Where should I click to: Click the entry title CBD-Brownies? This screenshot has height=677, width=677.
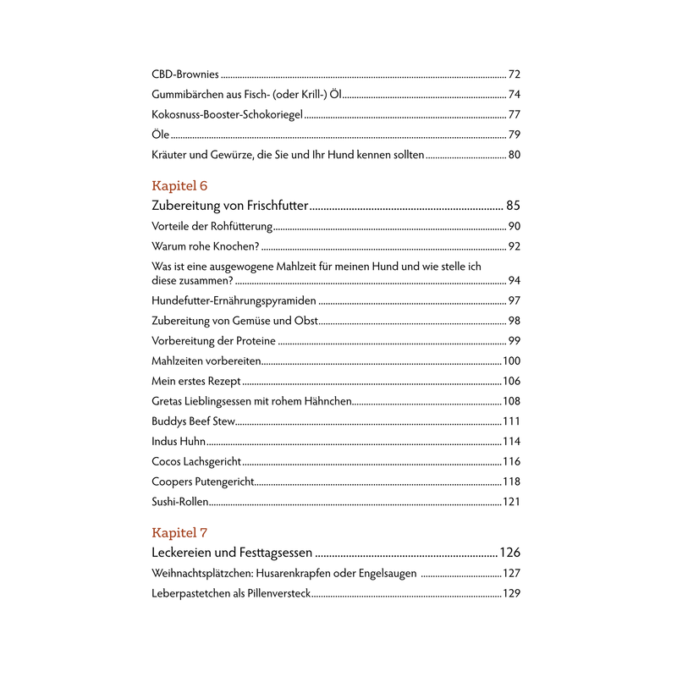point(184,74)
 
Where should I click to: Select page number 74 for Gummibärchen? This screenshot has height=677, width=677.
point(514,95)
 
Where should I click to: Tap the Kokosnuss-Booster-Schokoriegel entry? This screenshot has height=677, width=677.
point(228,114)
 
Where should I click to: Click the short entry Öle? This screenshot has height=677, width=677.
point(161,135)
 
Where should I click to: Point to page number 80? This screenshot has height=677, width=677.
point(514,155)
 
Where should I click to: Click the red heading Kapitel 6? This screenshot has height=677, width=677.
point(179,185)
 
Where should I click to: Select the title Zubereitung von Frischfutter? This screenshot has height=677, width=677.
point(230,206)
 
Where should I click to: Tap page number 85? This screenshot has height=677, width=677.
point(513,206)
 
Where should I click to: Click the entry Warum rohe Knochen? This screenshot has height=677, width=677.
point(206,246)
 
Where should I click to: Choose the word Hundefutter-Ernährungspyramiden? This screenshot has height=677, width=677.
point(234,300)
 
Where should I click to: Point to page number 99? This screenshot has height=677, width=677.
point(514,341)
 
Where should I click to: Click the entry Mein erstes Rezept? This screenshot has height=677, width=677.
point(196,382)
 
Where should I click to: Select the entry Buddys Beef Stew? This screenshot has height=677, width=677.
point(193,421)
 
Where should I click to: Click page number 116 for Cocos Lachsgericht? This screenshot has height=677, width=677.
point(511,462)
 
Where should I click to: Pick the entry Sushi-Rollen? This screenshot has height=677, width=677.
point(179,502)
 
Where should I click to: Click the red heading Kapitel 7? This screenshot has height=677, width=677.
point(179,532)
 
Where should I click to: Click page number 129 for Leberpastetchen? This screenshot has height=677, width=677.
point(511,594)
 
